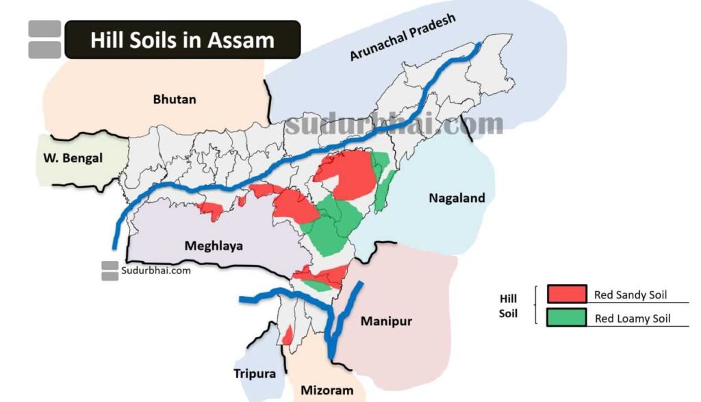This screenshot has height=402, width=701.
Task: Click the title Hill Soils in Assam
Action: tap(182, 40)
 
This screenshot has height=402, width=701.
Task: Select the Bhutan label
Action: tap(174, 99)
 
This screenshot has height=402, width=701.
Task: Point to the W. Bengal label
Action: tap(69, 158)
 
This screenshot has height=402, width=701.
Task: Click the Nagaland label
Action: tap(457, 198)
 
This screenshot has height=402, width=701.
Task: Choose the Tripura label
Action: tap(255, 373)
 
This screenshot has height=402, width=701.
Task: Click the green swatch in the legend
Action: tap(567, 318)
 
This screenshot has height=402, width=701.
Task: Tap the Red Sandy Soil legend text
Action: tap(630, 295)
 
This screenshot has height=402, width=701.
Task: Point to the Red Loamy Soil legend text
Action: tap(633, 318)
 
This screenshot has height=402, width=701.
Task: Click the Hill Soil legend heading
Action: tap(508, 307)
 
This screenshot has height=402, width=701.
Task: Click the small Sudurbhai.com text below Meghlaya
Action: tap(155, 270)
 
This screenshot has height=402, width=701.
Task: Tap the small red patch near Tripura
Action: tap(288, 335)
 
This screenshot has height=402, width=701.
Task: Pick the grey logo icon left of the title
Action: tap(44, 39)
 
